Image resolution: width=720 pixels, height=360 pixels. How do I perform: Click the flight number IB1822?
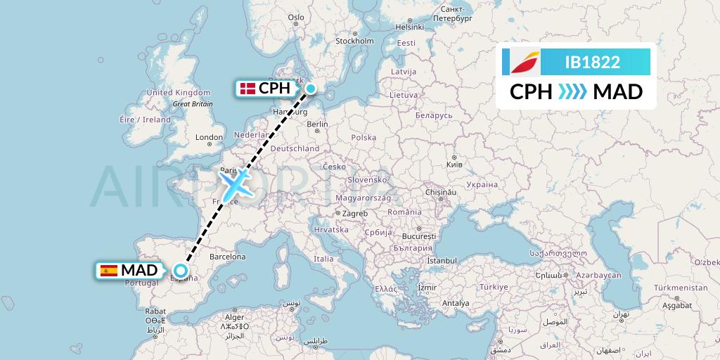coord(592,62)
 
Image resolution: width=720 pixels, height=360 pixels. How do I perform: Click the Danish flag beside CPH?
coord(247,89)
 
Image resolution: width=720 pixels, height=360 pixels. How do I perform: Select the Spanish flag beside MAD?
coord(109,270)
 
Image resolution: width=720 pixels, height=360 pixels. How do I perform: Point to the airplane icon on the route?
coord(237,184)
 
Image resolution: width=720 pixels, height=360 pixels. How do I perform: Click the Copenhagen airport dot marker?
coord(310,89)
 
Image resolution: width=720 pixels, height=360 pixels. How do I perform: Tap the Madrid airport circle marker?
coord(181,270)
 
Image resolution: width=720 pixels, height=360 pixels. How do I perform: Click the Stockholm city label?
coord(354,41)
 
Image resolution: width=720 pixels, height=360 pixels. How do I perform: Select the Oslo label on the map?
coord(296,18)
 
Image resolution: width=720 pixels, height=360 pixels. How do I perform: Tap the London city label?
coord(210,137)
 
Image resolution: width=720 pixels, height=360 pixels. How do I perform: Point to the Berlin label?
coord(318,124)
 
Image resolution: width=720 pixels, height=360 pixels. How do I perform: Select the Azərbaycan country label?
coord(598,275)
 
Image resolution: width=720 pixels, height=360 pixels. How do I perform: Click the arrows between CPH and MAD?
coord(572,92)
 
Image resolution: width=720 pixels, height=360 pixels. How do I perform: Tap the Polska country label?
coord(364,138)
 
